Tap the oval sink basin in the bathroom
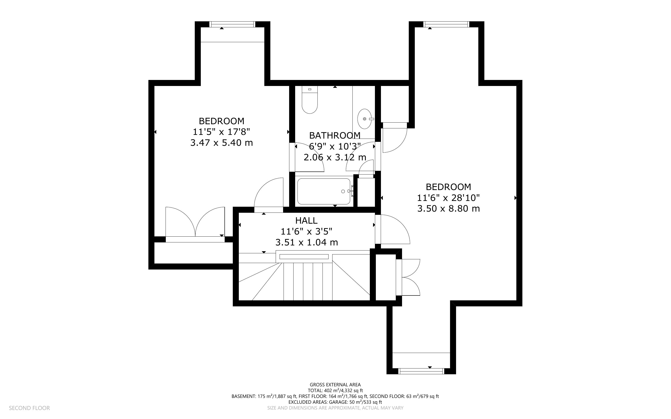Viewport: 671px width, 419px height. pyautogui.click(x=365, y=119)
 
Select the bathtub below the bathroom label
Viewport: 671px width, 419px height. pyautogui.click(x=324, y=191)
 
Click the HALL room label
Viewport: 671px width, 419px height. pyautogui.click(x=306, y=221)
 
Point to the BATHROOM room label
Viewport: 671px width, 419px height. pyautogui.click(x=335, y=136)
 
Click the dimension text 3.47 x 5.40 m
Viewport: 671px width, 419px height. pyautogui.click(x=221, y=143)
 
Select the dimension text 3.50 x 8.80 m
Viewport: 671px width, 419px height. pyautogui.click(x=448, y=208)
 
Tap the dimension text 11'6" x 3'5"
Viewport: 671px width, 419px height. pyautogui.click(x=306, y=231)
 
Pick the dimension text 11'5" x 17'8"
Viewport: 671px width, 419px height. pyautogui.click(x=221, y=132)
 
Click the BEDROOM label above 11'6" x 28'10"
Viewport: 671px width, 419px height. pyautogui.click(x=448, y=187)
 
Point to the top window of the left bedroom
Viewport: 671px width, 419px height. pyautogui.click(x=232, y=24)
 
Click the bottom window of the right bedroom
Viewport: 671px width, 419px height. pyautogui.click(x=421, y=371)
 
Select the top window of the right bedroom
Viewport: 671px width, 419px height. pyautogui.click(x=446, y=24)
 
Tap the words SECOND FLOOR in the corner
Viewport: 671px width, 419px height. pyautogui.click(x=29, y=408)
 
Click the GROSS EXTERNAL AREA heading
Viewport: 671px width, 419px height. pyautogui.click(x=335, y=385)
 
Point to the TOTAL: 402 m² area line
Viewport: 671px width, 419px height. pyautogui.click(x=335, y=391)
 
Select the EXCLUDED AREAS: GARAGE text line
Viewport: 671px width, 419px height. pyautogui.click(x=335, y=402)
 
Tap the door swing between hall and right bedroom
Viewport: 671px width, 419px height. pyautogui.click(x=393, y=229)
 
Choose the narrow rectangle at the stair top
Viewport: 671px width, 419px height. pyautogui.click(x=304, y=257)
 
